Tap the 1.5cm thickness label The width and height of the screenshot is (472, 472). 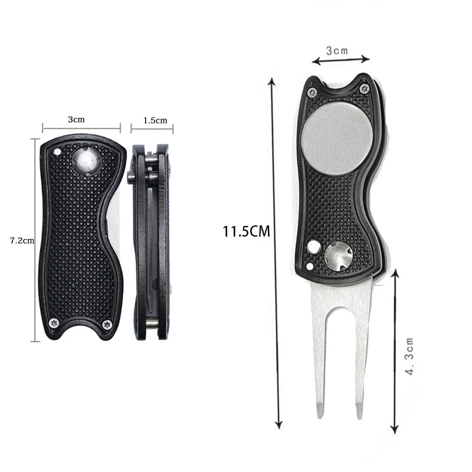(x=155, y=120)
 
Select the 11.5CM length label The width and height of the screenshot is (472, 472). (x=246, y=231)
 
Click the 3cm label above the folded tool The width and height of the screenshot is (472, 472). (x=76, y=119)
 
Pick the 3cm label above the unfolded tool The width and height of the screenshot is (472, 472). (x=337, y=51)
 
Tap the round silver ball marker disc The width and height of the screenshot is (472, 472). (x=337, y=138)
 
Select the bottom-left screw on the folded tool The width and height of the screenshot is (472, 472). (x=54, y=322)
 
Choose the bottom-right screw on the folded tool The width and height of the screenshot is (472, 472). (x=107, y=324)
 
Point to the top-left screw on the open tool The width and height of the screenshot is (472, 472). (x=312, y=92)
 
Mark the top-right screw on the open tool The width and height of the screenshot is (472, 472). (x=364, y=89)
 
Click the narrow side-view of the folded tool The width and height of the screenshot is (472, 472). (x=150, y=242)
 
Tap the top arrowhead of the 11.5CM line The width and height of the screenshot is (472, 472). (x=271, y=81)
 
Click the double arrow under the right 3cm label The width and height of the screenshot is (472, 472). (x=340, y=59)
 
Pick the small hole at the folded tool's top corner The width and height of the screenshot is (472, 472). (x=57, y=151)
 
